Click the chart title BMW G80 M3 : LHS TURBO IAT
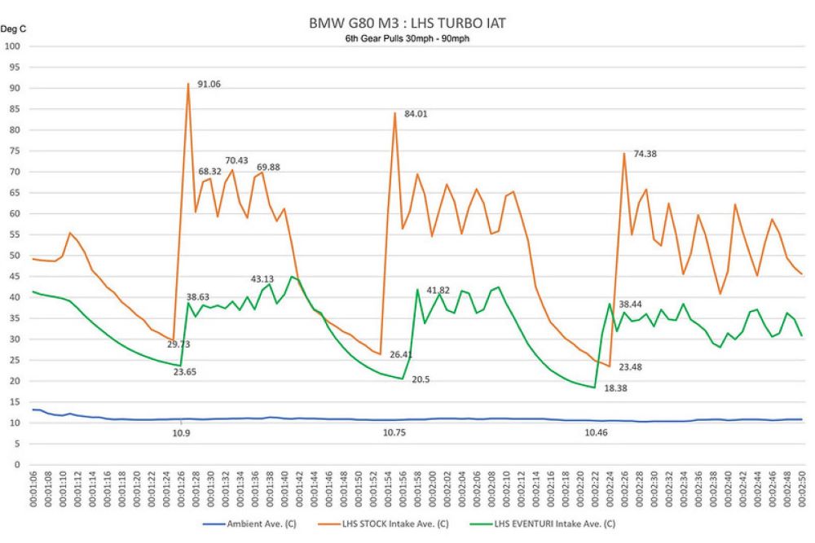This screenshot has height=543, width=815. click(x=407, y=23)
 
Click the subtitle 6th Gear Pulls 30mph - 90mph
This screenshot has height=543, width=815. click(x=407, y=38)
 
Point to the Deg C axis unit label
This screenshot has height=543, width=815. click(x=14, y=29)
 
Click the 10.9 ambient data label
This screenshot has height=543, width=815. click(x=181, y=434)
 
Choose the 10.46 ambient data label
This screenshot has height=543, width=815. click(x=596, y=434)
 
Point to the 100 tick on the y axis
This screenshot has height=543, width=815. click(x=13, y=46)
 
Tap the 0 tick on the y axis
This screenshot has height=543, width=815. click(x=17, y=465)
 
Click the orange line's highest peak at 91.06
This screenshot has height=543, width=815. click(x=188, y=84)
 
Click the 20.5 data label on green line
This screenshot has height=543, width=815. click(x=421, y=379)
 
